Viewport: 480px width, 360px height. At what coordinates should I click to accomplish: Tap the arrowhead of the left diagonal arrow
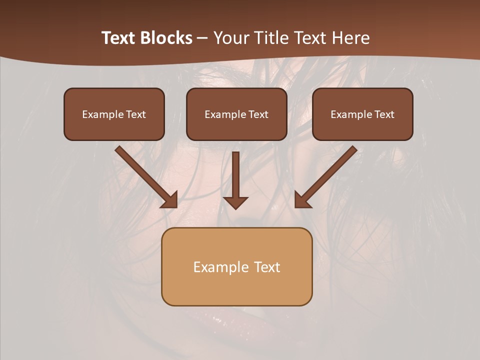tap(170, 200)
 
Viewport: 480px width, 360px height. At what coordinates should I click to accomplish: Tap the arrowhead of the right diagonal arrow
tap(302, 200)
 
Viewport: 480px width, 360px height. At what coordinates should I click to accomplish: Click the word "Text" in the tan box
tap(267, 267)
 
